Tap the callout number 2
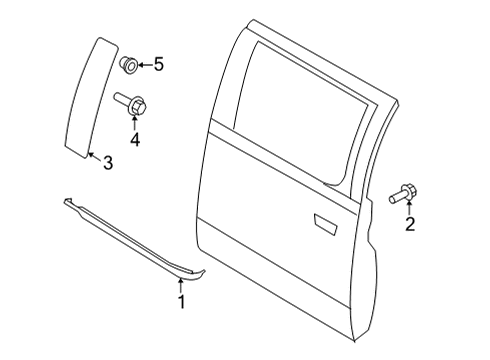click(x=409, y=225)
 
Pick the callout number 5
click(x=157, y=66)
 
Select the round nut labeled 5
click(x=128, y=67)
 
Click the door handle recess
click(x=327, y=222)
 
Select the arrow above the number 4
click(x=135, y=122)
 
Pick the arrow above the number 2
click(x=409, y=208)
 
